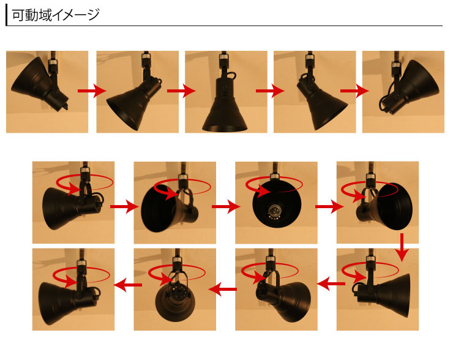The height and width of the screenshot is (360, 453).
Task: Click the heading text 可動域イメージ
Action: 56,15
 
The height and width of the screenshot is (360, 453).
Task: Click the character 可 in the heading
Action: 18,15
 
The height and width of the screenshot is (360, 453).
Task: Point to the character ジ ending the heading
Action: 94,15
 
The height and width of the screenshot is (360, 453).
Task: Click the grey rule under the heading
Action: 225,26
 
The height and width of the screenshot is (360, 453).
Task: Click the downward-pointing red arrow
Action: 402,247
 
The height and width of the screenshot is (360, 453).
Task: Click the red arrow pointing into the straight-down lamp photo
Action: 181,91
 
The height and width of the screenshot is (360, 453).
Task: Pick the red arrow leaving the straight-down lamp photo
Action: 270,91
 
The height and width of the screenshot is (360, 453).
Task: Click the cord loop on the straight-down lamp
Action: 231,75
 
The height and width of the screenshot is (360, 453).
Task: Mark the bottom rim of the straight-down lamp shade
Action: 225,127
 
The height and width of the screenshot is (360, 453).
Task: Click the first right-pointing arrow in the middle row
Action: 125,206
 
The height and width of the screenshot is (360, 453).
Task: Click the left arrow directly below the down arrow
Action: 331,283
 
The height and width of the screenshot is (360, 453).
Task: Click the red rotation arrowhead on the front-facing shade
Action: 263,190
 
